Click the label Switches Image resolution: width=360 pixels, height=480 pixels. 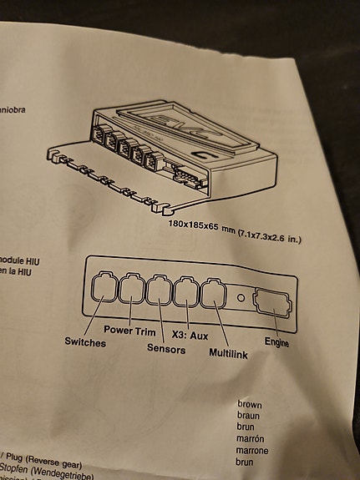86,342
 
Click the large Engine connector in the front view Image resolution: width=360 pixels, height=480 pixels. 271,301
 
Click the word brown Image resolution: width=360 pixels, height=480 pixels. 249,404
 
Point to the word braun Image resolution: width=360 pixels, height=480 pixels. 249,415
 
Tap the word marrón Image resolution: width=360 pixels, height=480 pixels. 251,437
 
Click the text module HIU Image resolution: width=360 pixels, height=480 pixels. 17,260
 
